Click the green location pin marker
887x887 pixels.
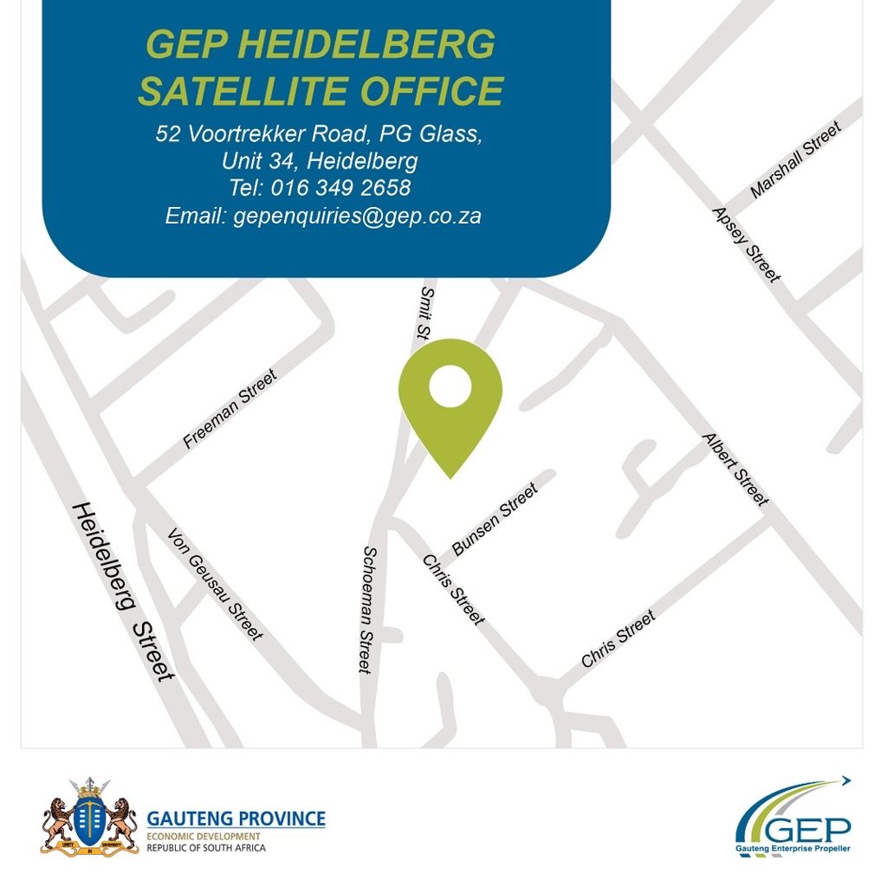tap(450, 398)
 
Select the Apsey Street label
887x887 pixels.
tap(745, 245)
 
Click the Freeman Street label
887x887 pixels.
tap(230, 409)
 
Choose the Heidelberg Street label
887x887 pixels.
tap(122, 591)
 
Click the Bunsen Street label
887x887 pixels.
tap(495, 519)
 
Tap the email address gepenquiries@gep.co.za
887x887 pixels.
tap(357, 216)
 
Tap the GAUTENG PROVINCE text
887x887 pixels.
tap(236, 818)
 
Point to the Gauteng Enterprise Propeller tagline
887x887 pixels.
tap(793, 851)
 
